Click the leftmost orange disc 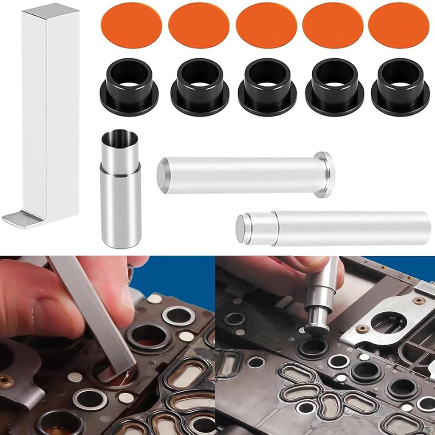tap(131, 25)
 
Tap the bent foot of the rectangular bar tap(23, 219)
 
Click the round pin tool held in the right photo tap(321, 297)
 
